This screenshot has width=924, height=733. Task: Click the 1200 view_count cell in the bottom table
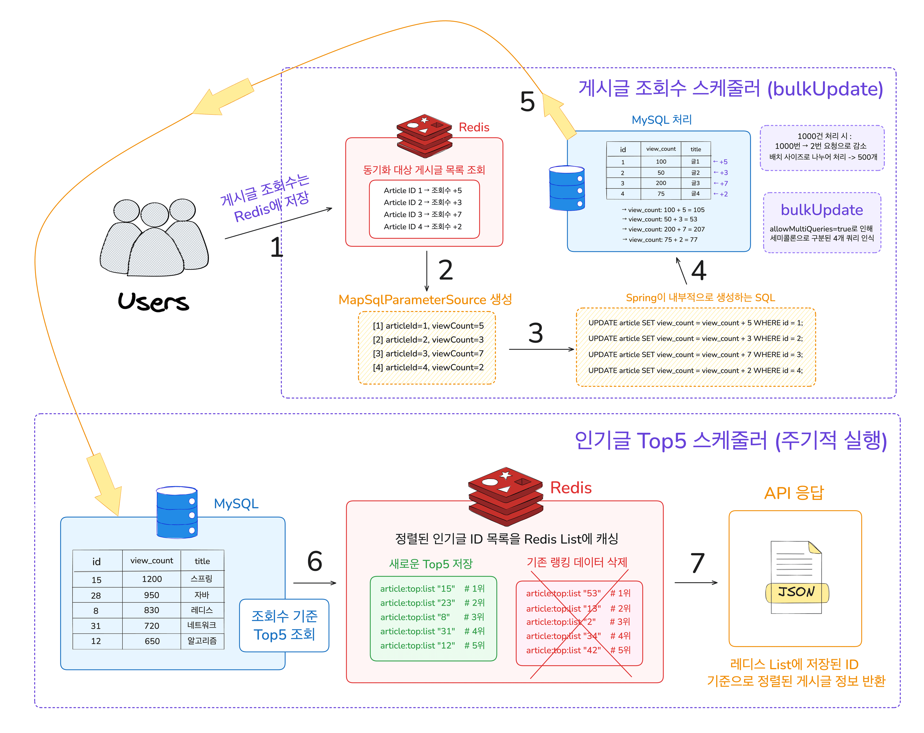pyautogui.click(x=152, y=579)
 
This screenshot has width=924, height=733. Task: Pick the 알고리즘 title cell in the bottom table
pyautogui.click(x=202, y=640)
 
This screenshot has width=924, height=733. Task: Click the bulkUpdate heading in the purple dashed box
pyautogui.click(x=821, y=210)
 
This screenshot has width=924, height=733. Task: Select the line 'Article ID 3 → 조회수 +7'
pyautogui.click(x=423, y=214)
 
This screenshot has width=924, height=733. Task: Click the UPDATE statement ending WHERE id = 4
pyautogui.click(x=695, y=370)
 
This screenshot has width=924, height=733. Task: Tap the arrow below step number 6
pyautogui.click(x=314, y=583)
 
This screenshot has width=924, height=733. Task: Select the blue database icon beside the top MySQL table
pyautogui.click(x=567, y=189)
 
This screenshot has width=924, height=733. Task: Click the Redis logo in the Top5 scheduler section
pyautogui.click(x=506, y=496)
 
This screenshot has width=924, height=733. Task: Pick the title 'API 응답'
pyautogui.click(x=794, y=493)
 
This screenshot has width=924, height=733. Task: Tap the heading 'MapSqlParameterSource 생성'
pyautogui.click(x=425, y=300)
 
